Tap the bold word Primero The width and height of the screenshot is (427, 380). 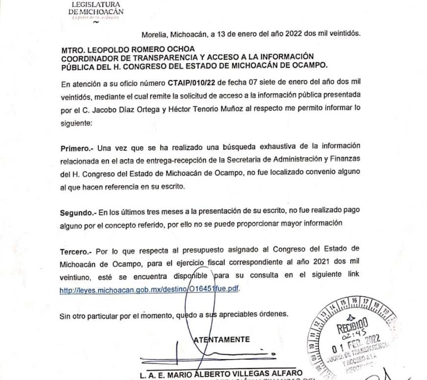[77, 147]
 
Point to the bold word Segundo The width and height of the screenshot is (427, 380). [79, 213]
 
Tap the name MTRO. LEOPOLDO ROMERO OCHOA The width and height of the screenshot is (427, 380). [128, 48]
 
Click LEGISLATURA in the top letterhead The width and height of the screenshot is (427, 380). [96, 4]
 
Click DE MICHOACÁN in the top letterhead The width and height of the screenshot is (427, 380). [96, 11]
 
